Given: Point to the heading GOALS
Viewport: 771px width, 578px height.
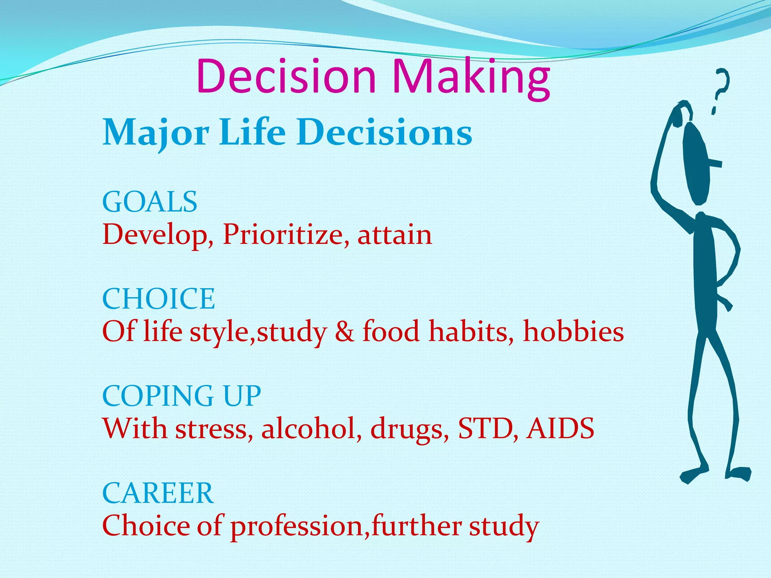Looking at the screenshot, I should pos(149,202).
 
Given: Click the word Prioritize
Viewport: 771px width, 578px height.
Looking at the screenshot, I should pos(282,235).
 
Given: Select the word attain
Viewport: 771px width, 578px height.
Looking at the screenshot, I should pos(395,235).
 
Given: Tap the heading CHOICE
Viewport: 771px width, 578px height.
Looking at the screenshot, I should pos(158,299).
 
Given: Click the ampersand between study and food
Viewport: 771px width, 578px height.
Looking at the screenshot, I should pos(344,332).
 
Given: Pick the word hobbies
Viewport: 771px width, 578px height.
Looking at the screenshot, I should pos(573,332).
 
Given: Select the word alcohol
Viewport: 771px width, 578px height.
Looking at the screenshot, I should pos(309,429).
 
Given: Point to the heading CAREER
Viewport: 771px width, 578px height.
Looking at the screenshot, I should pos(158,493).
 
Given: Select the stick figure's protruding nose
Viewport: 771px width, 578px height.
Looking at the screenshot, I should pos(715,164).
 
